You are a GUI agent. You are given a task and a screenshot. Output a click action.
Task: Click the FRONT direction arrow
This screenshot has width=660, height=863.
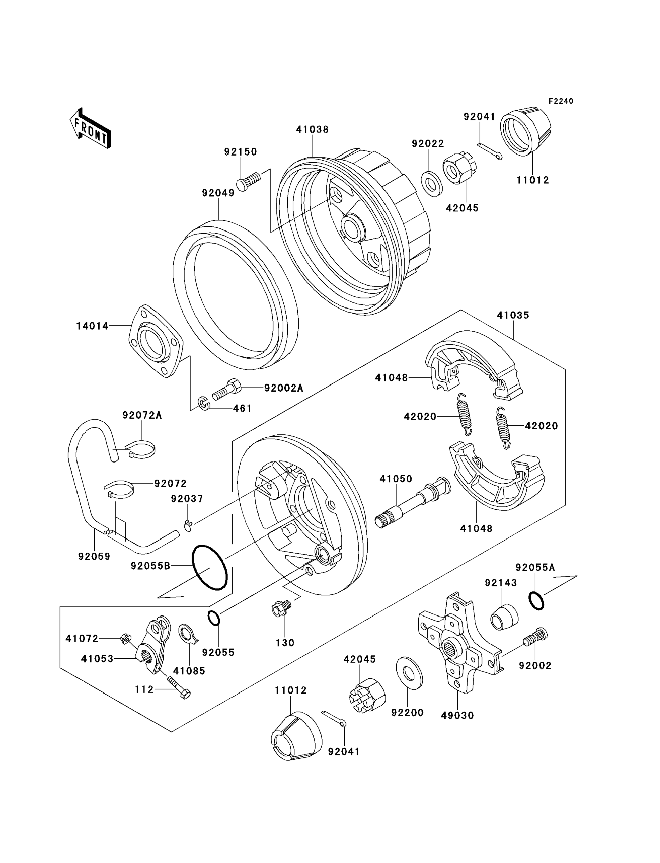click(x=90, y=129)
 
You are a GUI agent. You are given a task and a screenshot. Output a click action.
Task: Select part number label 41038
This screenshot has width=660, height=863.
click(x=312, y=130)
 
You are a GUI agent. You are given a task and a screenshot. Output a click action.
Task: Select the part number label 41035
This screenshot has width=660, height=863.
click(x=513, y=315)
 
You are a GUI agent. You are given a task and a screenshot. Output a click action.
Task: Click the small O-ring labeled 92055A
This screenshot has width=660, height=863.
click(x=536, y=601)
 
